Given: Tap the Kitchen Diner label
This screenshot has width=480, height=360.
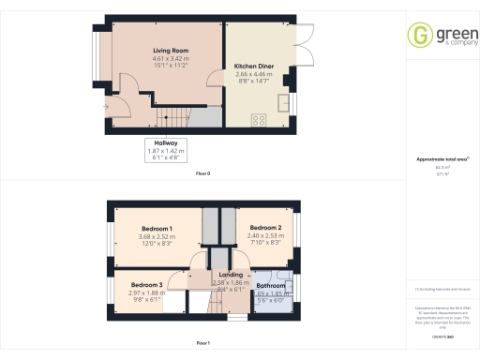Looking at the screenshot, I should (253, 66).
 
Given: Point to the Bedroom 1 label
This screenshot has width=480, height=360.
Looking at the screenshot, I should (157, 229).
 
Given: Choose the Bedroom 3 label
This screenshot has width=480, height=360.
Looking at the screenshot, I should (146, 284).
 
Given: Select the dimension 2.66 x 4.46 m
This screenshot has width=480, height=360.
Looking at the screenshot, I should (253, 73).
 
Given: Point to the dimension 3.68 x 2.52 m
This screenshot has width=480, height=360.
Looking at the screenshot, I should (157, 236).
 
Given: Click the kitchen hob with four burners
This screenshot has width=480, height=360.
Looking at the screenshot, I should (260, 120).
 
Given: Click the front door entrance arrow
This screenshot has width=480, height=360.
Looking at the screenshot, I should (106, 107).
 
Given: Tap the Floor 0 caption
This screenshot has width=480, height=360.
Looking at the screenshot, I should (202, 174).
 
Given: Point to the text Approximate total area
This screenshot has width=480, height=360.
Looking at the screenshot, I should (442, 159).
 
